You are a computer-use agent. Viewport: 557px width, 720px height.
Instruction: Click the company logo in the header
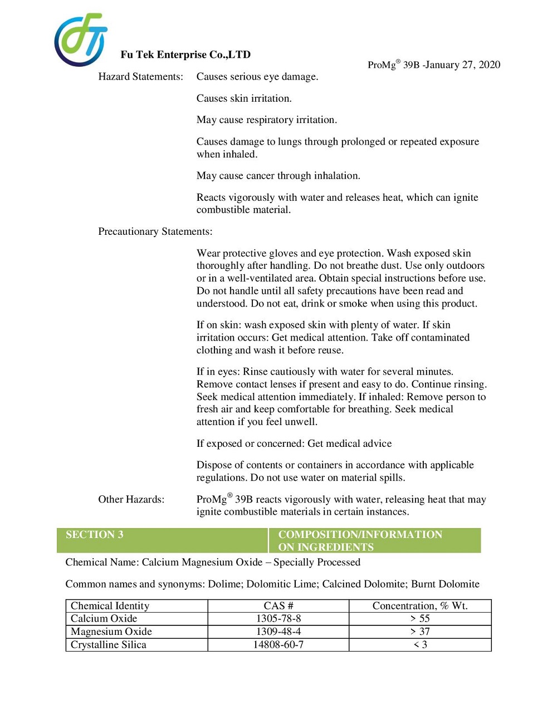[x=80, y=40]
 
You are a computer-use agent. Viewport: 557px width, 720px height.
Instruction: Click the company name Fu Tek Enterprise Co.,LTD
[x=185, y=55]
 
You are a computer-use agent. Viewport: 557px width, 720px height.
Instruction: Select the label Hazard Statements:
[x=140, y=77]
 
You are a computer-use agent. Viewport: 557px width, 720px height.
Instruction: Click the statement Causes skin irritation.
[x=244, y=98]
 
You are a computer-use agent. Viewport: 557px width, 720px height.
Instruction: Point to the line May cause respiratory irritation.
[x=266, y=120]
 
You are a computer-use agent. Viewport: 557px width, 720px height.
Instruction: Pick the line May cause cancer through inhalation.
[x=278, y=176]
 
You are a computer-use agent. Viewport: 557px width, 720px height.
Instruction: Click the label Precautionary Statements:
[x=155, y=231]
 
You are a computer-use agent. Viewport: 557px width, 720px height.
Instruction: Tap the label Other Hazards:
[x=131, y=500]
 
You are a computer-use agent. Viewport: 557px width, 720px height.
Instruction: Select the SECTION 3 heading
[x=95, y=535]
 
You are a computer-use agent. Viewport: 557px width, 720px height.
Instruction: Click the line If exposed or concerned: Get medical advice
[x=294, y=443]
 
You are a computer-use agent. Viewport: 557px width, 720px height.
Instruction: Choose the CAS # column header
[x=278, y=606]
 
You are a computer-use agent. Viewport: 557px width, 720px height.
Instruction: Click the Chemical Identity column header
[x=110, y=606]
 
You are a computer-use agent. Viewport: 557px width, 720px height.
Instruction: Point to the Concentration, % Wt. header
[x=420, y=606]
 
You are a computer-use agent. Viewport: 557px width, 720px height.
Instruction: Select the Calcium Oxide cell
[x=104, y=619]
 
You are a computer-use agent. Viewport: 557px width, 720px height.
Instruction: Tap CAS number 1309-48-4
[x=278, y=632]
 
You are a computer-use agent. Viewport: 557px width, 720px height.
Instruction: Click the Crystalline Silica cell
[x=108, y=645]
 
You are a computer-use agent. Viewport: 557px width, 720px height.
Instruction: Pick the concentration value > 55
[x=420, y=619]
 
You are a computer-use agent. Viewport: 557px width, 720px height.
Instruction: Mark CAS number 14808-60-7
[x=278, y=645]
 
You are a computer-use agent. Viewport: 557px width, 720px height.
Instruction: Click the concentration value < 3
[x=420, y=645]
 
